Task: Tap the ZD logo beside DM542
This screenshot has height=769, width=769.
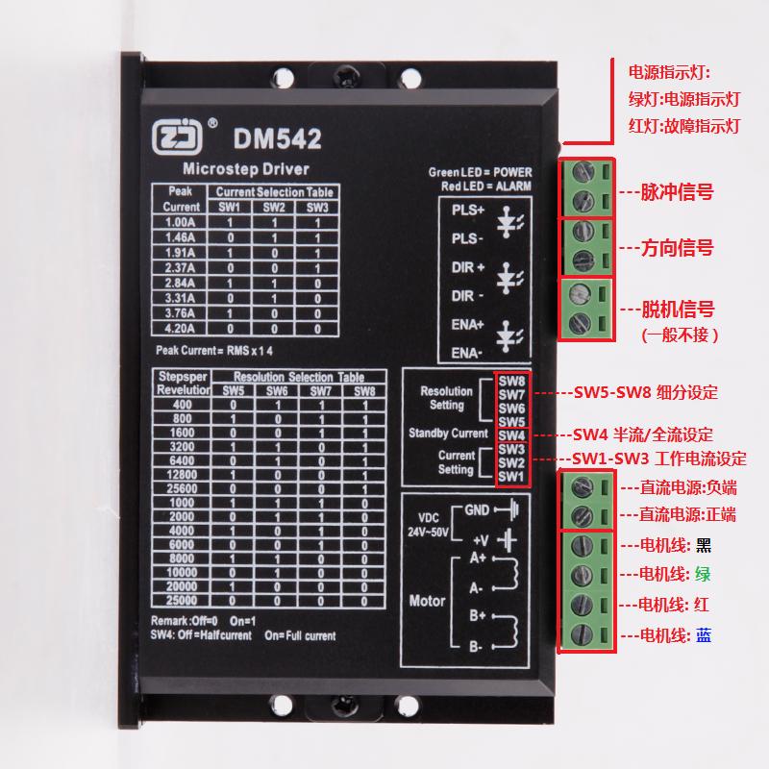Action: tap(179, 139)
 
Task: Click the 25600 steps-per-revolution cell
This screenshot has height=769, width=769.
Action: tap(182, 488)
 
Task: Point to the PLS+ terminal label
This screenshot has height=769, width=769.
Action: tap(468, 210)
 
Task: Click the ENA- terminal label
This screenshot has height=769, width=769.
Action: tap(467, 354)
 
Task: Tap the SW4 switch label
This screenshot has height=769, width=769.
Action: tap(511, 434)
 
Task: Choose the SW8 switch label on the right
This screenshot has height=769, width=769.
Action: tap(511, 382)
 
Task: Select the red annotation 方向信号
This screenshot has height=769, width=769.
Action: tap(678, 247)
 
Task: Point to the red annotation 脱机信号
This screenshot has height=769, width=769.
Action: tap(678, 310)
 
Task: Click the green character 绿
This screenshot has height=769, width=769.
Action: tap(706, 575)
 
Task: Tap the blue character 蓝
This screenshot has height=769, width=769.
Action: tap(706, 635)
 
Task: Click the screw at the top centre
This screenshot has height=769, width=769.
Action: tap(343, 72)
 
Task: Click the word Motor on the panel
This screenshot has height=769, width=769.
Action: tap(428, 601)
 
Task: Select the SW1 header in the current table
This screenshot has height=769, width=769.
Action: tap(228, 207)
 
